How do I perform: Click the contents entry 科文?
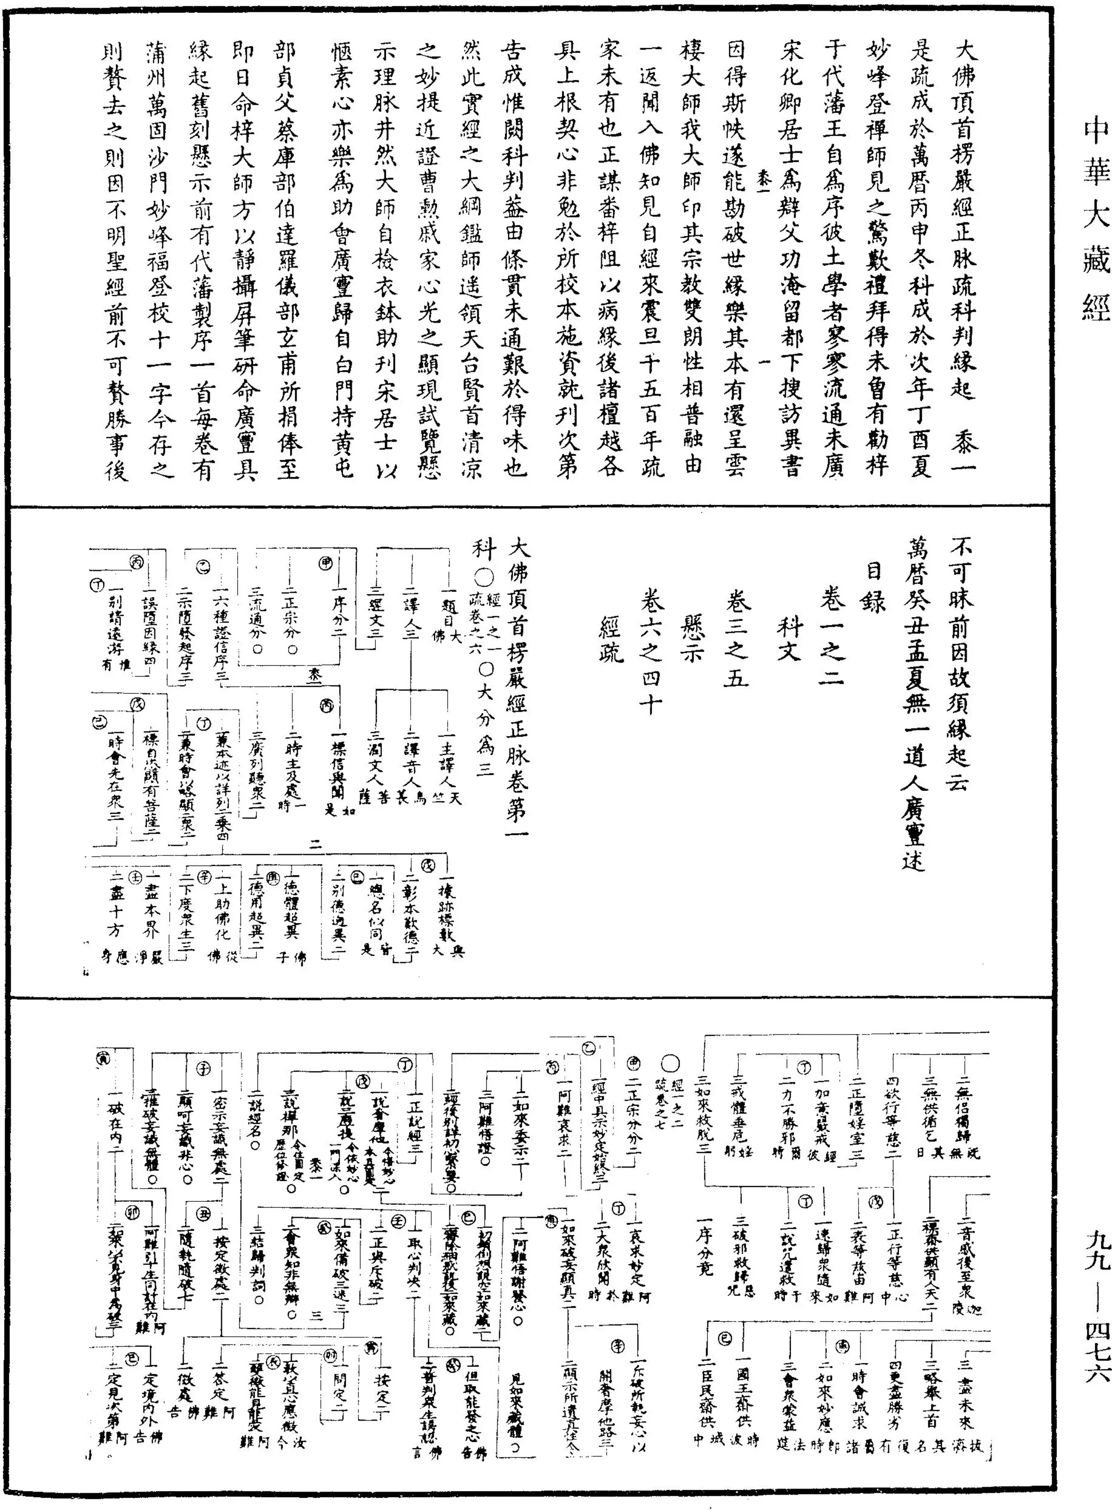click(788, 639)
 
